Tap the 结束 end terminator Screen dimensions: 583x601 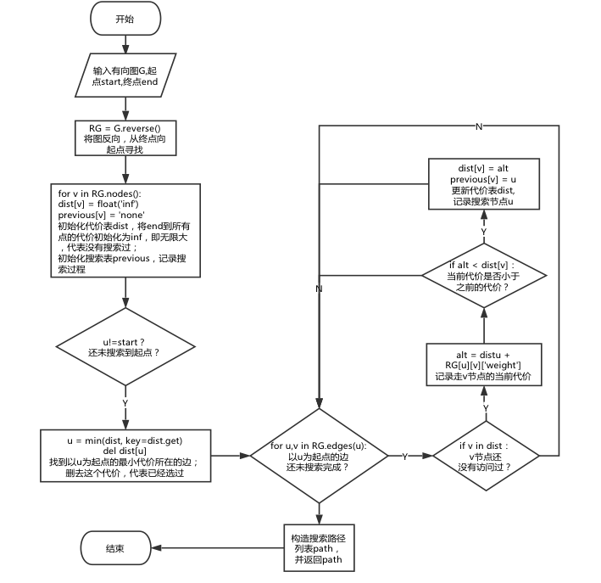[115, 549]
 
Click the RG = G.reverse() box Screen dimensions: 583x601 [125, 137]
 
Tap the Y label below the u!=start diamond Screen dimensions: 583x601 [125, 402]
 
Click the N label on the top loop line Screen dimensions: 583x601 [479, 126]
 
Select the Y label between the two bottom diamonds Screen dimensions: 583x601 [404, 456]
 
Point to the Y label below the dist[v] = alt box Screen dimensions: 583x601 [484, 230]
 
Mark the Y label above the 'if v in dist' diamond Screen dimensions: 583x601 [485, 408]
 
